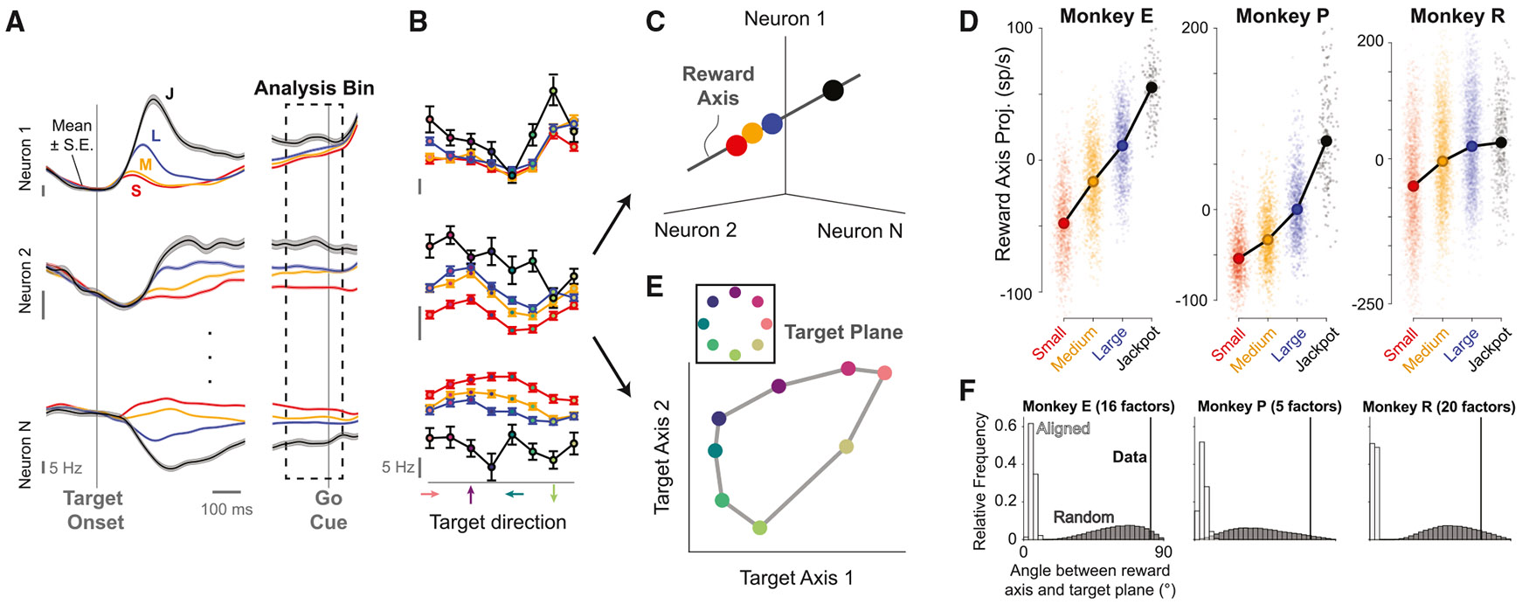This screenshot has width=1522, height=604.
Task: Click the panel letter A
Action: tap(15, 22)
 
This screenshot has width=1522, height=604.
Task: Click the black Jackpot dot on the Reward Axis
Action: tap(833, 89)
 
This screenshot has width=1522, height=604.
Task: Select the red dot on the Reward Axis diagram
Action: tap(737, 145)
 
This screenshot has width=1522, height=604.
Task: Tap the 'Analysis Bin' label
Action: tap(314, 88)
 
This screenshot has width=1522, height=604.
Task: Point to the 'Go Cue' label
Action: tap(329, 510)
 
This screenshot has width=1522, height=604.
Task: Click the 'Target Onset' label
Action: tap(93, 510)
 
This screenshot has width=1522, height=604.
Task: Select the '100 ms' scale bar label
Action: tap(226, 509)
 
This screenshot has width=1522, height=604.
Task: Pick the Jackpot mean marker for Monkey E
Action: tap(1152, 87)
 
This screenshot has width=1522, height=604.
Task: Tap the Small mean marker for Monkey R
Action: tap(1413, 186)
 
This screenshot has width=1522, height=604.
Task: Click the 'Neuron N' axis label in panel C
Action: tap(860, 231)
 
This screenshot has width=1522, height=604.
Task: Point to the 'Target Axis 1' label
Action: tap(796, 578)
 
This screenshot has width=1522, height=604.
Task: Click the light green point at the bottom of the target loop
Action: tap(759, 527)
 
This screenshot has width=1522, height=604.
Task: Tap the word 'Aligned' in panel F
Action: tap(1062, 428)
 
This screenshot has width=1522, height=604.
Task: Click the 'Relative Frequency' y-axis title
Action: tap(979, 482)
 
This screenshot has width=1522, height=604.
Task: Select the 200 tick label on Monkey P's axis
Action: tap(1194, 28)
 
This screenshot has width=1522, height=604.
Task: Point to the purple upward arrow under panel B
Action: tap(471, 496)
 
